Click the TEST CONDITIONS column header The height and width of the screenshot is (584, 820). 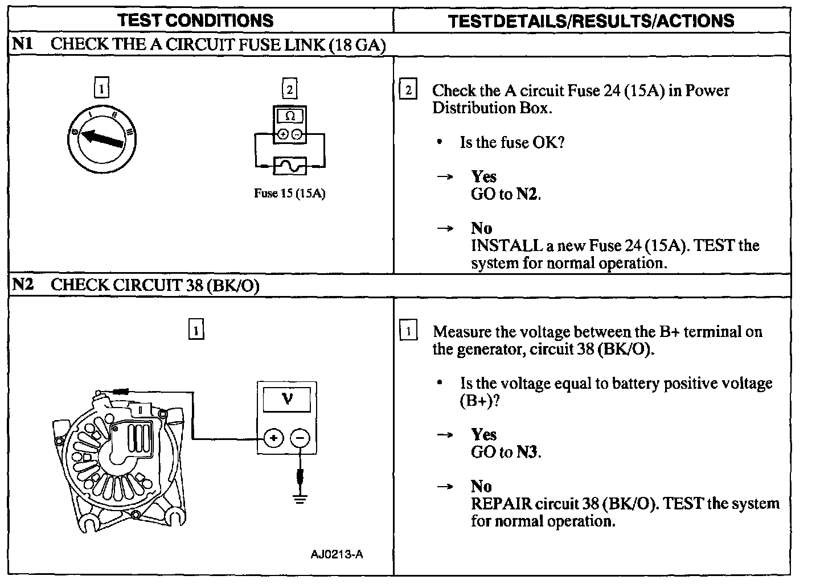pyautogui.click(x=195, y=21)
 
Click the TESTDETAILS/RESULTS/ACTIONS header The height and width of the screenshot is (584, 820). pyautogui.click(x=591, y=21)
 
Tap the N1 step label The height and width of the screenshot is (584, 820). pyautogui.click(x=23, y=44)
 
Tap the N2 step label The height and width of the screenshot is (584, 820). pyautogui.click(x=23, y=285)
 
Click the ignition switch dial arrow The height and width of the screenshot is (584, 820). pyautogui.click(x=102, y=138)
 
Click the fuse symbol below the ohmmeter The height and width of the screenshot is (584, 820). pyautogui.click(x=290, y=166)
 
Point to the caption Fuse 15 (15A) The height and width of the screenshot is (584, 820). pyautogui.click(x=289, y=193)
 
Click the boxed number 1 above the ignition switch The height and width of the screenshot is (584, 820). pyautogui.click(x=101, y=89)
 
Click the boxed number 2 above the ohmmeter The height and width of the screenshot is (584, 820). pyautogui.click(x=289, y=89)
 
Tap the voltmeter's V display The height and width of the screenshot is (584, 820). pyautogui.click(x=287, y=399)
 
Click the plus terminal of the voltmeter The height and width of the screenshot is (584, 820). pyautogui.click(x=274, y=438)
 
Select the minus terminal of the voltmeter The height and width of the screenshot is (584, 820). pyautogui.click(x=300, y=438)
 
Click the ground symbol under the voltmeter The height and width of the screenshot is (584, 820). pyautogui.click(x=300, y=499)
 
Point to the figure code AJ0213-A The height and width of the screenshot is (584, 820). pyautogui.click(x=337, y=554)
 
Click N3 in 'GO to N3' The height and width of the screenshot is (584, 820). pyautogui.click(x=527, y=453)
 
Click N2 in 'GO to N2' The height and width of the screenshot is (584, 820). pyautogui.click(x=527, y=195)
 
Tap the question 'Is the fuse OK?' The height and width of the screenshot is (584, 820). pyautogui.click(x=512, y=142)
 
